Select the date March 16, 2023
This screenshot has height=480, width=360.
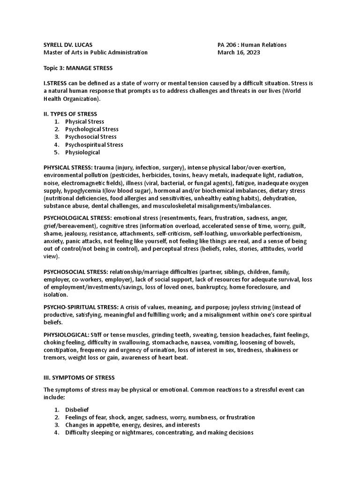pyautogui.click(x=239, y=52)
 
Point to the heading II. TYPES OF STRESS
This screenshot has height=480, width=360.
pyautogui.click(x=70, y=114)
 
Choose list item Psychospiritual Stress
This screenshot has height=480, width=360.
pyautogui.click(x=94, y=145)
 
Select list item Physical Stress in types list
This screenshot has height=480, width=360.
pyautogui.click(x=84, y=121)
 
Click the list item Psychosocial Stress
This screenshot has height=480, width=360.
pyautogui.click(x=91, y=137)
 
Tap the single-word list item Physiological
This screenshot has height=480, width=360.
pyautogui.click(x=82, y=152)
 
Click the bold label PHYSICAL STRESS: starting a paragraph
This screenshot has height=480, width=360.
pyautogui.click(x=68, y=167)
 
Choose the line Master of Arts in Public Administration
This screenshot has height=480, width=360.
pyautogui.click(x=95, y=52)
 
